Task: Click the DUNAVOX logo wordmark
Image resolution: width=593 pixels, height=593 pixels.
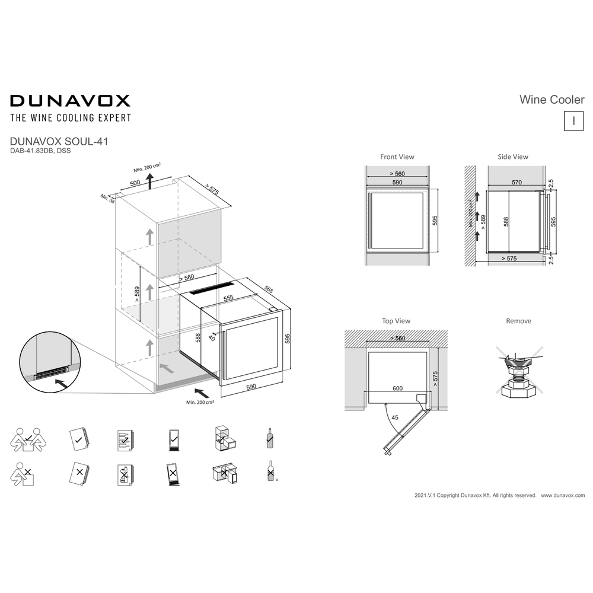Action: click(x=70, y=100)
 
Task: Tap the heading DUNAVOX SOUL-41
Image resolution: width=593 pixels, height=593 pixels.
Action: click(x=59, y=142)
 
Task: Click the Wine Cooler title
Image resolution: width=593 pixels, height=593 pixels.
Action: click(x=551, y=100)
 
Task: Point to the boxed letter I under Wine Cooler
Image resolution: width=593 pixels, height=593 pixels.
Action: click(x=573, y=120)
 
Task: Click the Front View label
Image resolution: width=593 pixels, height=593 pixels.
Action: click(x=397, y=157)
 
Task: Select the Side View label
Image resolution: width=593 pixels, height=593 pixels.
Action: click(x=513, y=157)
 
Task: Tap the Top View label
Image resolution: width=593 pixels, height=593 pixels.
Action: click(x=396, y=321)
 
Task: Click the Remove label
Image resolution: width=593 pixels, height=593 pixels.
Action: click(x=518, y=321)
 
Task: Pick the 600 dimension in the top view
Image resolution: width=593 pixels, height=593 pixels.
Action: click(x=397, y=388)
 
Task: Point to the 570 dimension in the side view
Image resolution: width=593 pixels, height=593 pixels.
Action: click(x=517, y=183)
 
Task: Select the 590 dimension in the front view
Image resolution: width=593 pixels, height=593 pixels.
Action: click(x=397, y=183)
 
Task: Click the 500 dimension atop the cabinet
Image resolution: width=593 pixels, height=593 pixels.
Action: click(x=136, y=183)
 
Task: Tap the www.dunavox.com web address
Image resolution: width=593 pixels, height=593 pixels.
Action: click(x=563, y=495)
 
